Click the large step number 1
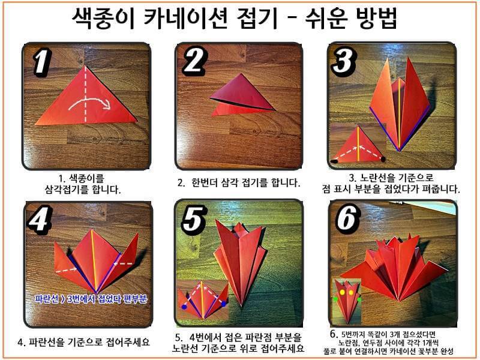point(40,62)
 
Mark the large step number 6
point(347,221)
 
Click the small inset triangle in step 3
point(358,147)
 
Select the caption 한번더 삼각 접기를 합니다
point(238,182)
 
